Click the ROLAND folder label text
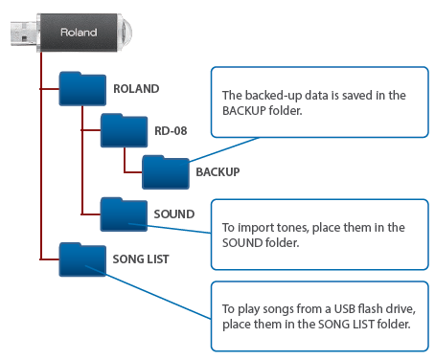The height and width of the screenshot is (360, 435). [135, 88]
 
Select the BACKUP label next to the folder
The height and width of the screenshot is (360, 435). [217, 172]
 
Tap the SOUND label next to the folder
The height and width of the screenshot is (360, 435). [174, 214]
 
